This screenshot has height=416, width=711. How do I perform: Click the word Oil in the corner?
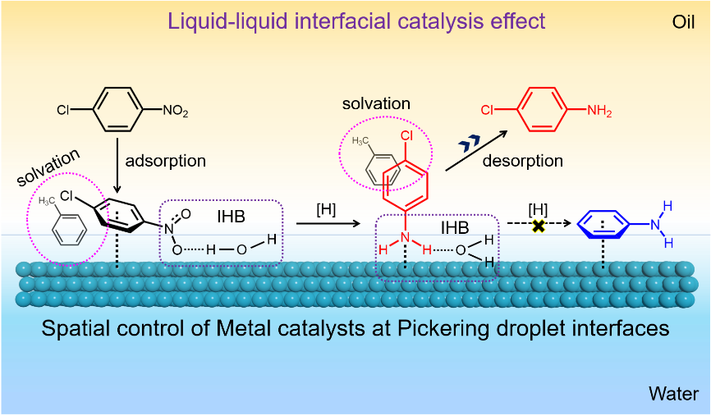pos(683,22)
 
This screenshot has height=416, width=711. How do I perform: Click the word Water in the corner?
pos(673,393)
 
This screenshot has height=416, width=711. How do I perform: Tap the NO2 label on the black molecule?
pos(175,110)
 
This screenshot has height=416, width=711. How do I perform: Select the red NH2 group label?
pos(599,110)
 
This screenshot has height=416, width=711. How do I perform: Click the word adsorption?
pos(166,161)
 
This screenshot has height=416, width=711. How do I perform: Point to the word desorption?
pos(522,161)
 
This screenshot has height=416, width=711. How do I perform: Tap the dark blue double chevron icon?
pos(469,144)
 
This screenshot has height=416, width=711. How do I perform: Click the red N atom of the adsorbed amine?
pos(405,237)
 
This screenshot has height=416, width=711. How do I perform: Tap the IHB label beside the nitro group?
pos(232,217)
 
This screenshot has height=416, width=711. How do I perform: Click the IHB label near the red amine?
pos(455,227)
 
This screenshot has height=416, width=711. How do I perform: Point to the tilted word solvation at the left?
pos(48,167)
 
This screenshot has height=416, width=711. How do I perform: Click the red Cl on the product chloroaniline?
pos(487,110)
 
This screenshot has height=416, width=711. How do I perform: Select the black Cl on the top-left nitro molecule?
pos(63,110)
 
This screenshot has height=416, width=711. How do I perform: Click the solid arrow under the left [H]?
pos(328,223)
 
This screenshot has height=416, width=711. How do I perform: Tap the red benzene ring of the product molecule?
pos(543,109)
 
